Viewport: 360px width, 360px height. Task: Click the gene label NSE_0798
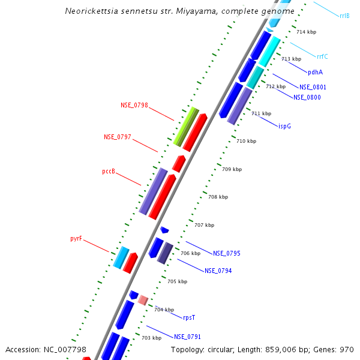point(134,105)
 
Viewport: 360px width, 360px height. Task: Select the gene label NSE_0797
point(118,137)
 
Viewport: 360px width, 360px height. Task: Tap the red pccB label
point(109,171)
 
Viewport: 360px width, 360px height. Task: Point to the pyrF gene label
point(76,238)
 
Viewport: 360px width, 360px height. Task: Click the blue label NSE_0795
point(227,253)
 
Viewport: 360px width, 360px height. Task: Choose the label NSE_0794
point(218,271)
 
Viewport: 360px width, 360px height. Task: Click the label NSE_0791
point(188,337)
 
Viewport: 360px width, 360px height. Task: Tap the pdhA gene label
point(316,72)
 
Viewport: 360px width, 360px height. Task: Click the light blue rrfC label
point(322,56)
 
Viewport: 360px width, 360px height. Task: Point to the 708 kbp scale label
point(218,197)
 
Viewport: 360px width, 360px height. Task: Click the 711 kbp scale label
point(261,113)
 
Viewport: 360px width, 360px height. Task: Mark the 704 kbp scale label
point(164,310)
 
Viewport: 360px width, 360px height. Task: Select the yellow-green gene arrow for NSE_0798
point(186,126)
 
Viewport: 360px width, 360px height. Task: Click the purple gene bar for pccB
point(153,191)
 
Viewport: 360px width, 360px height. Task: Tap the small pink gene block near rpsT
point(143,299)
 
